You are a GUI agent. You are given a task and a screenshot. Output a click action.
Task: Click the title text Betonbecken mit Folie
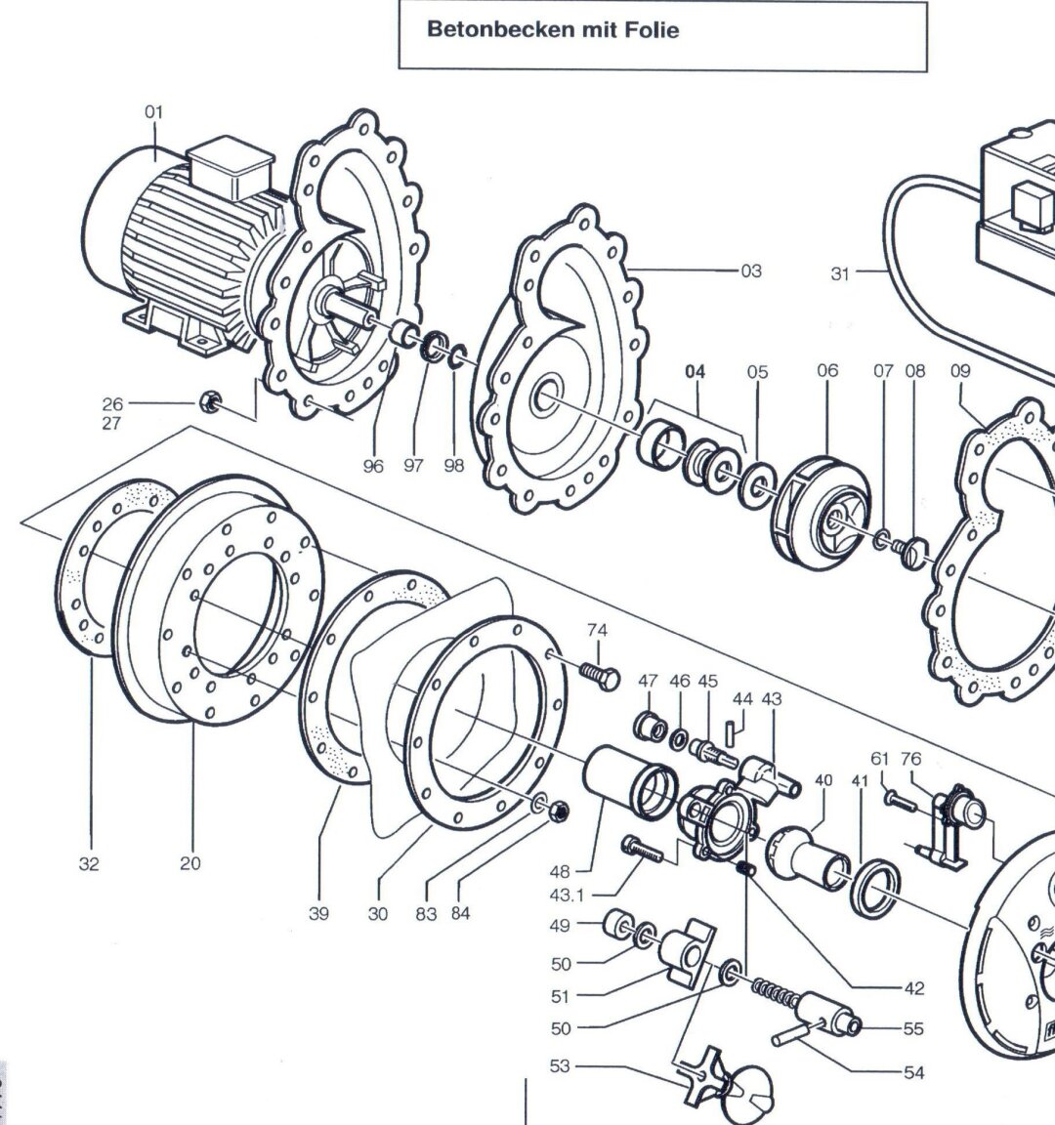click(553, 30)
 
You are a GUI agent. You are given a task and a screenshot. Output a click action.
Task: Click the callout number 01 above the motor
click(154, 112)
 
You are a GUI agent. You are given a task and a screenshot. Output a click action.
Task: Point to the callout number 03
click(750, 271)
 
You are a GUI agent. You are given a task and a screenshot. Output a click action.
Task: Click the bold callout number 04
click(695, 372)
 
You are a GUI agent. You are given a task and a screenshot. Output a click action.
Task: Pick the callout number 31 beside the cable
click(840, 274)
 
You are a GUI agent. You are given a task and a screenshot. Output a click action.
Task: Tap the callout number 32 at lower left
click(89, 863)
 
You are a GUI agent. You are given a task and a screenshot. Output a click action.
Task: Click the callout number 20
click(190, 863)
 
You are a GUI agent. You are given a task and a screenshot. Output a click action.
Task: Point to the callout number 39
click(318, 914)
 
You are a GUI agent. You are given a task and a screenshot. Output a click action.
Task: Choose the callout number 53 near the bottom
click(559, 1066)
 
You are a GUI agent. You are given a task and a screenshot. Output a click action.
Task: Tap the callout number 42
click(913, 988)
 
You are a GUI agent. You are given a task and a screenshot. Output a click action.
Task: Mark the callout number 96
click(373, 466)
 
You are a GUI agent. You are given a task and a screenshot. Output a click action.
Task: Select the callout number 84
click(460, 914)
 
